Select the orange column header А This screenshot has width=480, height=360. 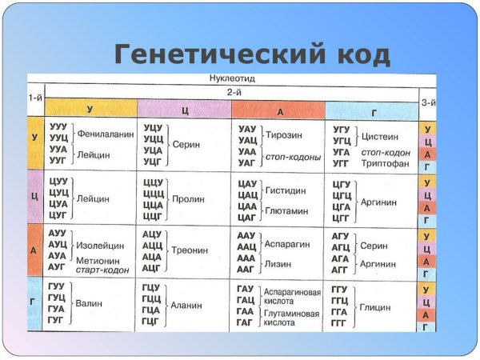tap(279, 110)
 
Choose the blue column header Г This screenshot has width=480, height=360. tap(372, 110)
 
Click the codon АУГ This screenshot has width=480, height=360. tap(58, 266)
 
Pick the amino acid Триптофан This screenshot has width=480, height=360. tap(386, 163)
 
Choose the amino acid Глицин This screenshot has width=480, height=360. tap(375, 306)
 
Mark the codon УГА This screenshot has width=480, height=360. tap(342, 151)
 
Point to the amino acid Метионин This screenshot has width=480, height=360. tap(98, 259)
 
